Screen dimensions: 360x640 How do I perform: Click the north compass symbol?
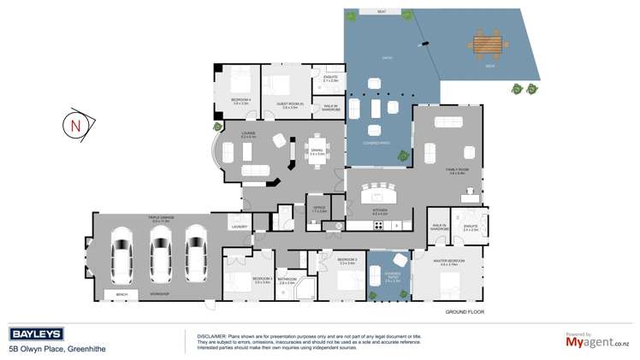75,125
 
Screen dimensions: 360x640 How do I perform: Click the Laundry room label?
238,225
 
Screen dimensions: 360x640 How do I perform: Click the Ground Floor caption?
465,312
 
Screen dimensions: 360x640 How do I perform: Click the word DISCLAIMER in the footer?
212,336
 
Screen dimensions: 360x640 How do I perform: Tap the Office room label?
318,208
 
